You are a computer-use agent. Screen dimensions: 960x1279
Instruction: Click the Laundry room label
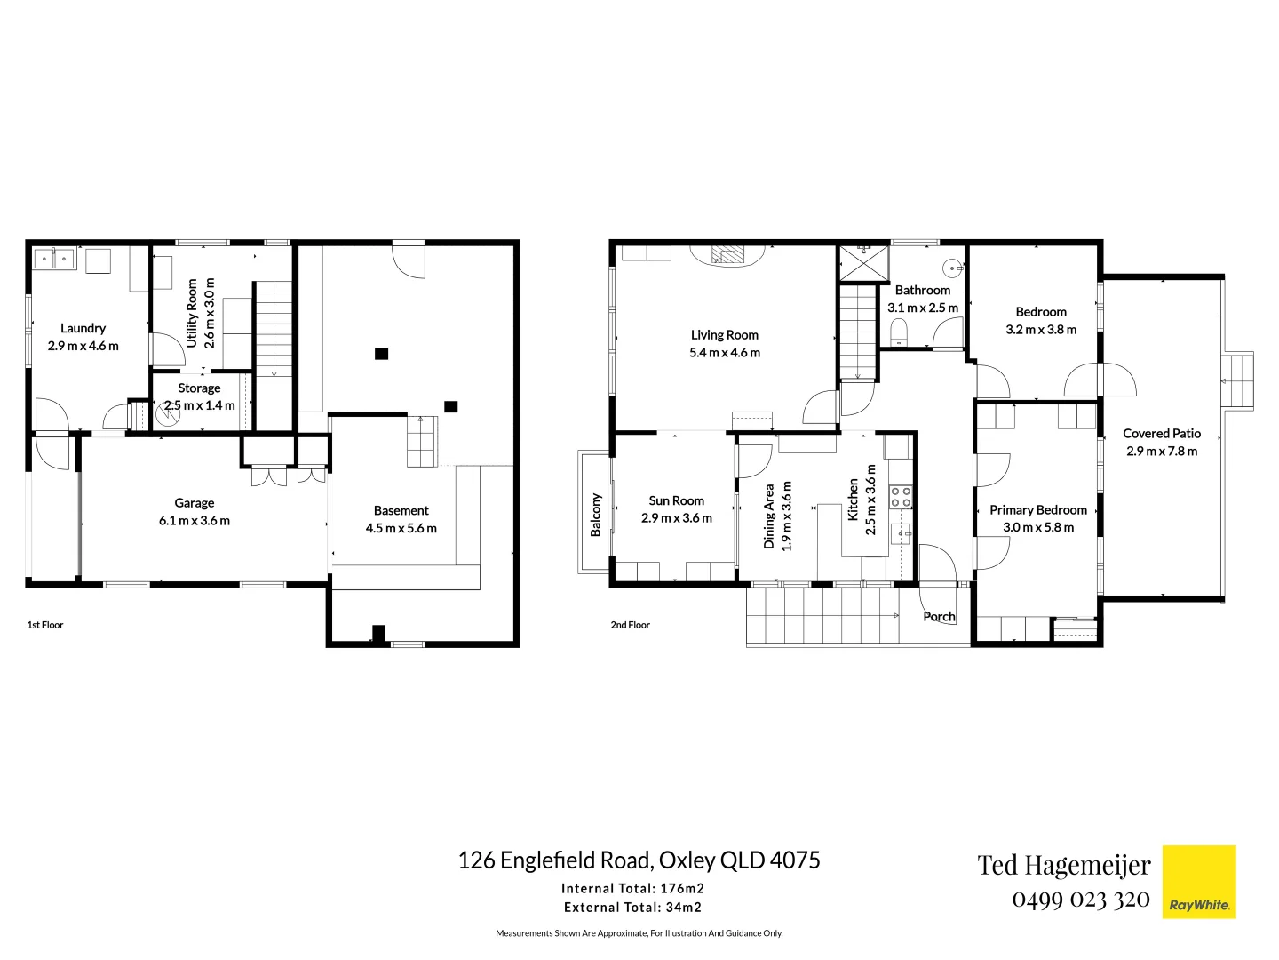(x=83, y=328)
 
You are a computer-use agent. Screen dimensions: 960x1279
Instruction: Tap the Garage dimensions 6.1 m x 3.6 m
(x=194, y=521)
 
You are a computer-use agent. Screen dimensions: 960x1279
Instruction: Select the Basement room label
(x=401, y=510)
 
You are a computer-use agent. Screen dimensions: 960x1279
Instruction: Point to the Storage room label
(x=199, y=388)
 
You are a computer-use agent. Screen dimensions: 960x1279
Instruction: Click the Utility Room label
(x=192, y=313)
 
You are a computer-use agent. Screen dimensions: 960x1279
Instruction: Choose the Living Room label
(x=725, y=335)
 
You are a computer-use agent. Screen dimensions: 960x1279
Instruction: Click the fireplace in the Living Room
(x=727, y=255)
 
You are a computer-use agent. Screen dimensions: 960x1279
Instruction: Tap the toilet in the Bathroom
(x=899, y=332)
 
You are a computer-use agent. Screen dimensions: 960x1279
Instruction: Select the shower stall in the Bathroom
(x=862, y=262)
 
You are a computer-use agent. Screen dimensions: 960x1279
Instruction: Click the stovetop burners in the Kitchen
(x=901, y=496)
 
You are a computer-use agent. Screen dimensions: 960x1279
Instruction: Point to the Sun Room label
(x=676, y=500)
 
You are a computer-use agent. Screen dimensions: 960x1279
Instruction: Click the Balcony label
(x=596, y=515)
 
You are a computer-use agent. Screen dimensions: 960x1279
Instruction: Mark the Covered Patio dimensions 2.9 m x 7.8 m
(x=1161, y=451)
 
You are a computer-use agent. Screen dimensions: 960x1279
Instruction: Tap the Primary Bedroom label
(x=1037, y=510)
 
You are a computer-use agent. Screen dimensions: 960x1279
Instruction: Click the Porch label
(x=938, y=617)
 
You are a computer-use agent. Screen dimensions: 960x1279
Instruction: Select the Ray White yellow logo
(x=1199, y=881)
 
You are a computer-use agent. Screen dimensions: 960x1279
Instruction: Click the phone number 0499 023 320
(x=1080, y=900)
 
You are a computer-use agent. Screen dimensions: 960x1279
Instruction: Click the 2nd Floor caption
(x=630, y=625)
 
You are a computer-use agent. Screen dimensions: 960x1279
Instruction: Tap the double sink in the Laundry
(x=54, y=259)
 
